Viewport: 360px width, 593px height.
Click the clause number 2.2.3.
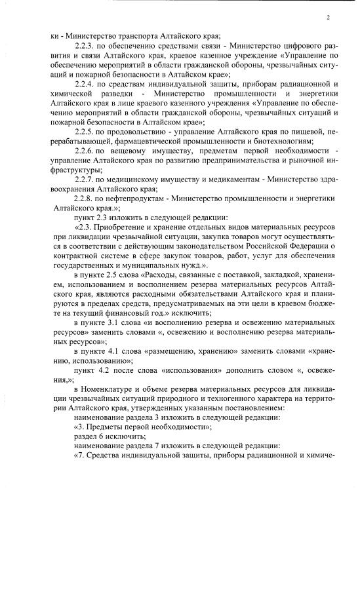tap(86, 47)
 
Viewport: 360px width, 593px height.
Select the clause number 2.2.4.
tap(86, 85)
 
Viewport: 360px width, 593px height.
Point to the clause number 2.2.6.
tap(86, 151)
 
